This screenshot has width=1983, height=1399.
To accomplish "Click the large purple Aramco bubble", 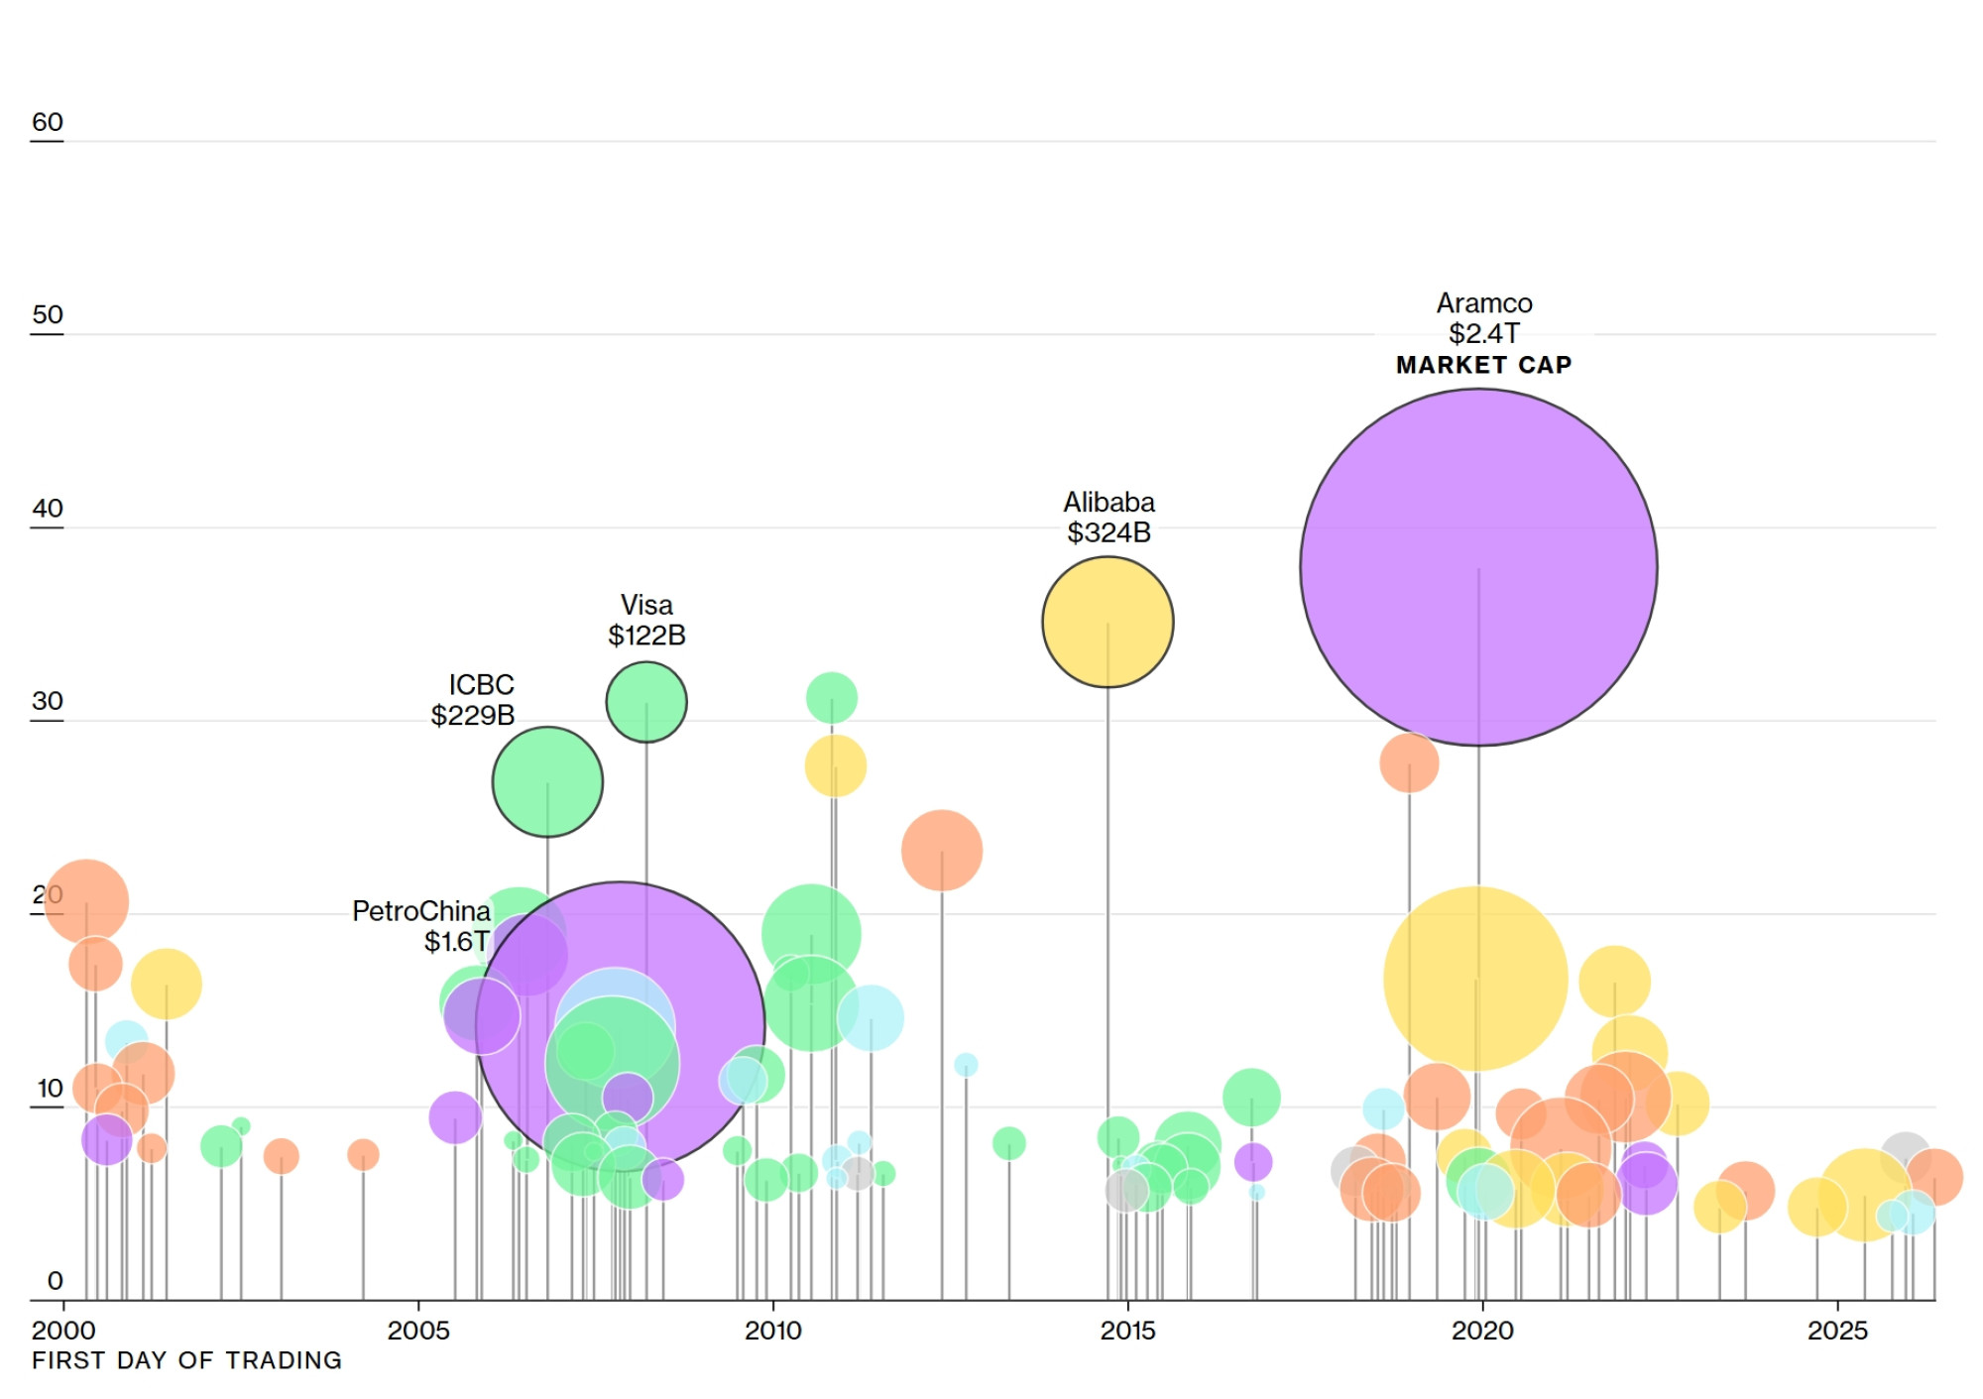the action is [1478, 567].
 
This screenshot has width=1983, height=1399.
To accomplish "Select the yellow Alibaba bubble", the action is [1108, 622].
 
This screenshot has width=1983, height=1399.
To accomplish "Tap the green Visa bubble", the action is [646, 702].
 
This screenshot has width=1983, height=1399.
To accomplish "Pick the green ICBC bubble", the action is [547, 782].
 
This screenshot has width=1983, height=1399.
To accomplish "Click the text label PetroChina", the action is [421, 911].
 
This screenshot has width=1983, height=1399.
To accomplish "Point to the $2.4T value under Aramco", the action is [1483, 333].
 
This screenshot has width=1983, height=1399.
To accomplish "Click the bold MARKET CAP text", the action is [1483, 365].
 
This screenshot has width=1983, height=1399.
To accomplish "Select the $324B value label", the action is [1108, 532].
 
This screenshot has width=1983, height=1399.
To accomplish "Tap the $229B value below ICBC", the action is [472, 715].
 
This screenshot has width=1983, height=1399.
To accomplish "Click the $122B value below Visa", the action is [646, 635].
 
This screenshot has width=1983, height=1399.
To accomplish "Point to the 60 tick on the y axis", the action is [48, 122].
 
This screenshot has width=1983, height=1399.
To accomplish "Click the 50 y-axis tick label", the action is [48, 314].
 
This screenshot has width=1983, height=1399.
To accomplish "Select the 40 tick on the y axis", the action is [48, 509].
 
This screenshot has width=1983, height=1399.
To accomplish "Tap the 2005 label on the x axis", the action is [418, 1331].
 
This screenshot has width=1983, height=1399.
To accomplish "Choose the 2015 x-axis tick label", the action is [1127, 1331].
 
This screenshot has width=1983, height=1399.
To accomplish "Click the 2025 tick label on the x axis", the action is [1837, 1331].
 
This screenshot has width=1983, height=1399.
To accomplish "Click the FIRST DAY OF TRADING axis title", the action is [186, 1360].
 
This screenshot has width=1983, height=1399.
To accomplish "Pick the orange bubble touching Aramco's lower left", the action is [1409, 762].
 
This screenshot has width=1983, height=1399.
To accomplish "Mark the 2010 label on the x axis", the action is [773, 1331].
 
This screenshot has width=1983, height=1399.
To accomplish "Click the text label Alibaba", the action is [1108, 502].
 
